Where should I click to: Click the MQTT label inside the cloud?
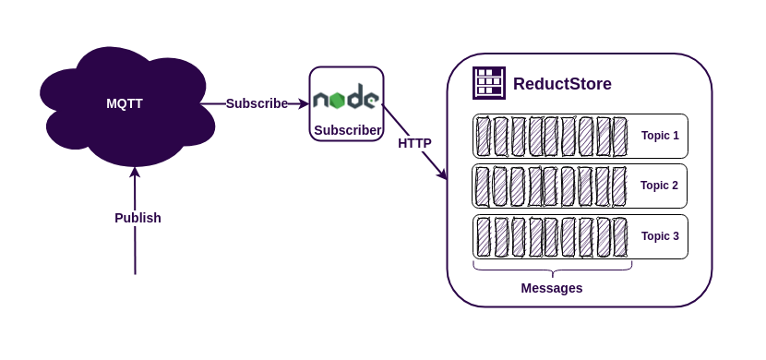125,103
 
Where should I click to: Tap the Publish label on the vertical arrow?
138,218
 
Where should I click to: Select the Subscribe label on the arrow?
257,103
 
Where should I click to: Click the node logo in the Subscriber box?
345,99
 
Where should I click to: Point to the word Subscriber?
347,130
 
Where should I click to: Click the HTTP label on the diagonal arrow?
414,143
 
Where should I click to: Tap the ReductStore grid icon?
488,83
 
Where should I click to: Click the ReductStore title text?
562,84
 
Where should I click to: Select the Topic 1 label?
660,136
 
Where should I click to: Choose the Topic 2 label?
659,186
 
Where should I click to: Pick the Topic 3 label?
660,236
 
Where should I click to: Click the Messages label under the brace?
552,288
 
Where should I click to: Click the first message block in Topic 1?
484,137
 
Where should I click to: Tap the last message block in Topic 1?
620,137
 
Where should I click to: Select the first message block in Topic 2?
483,186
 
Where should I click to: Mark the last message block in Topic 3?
620,237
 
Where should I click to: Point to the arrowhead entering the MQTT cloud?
135,172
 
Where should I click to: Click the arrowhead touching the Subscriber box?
303,104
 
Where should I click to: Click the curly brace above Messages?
552,269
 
